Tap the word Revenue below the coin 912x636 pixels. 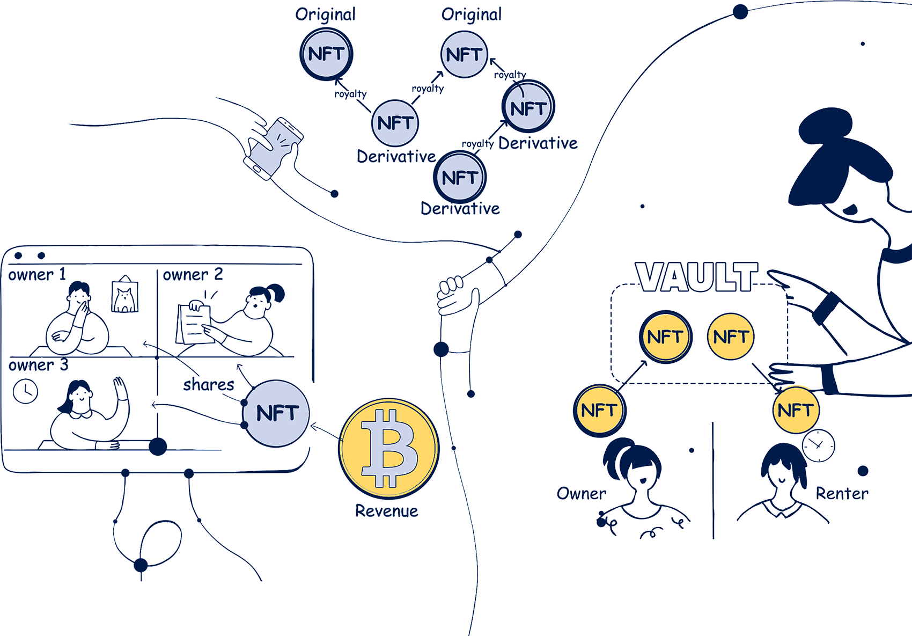tap(387, 511)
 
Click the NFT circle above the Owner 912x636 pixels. tap(599, 411)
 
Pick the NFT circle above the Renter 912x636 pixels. tap(796, 411)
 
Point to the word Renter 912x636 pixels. tap(842, 493)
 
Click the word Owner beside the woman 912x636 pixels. tap(582, 493)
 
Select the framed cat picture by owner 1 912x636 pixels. tap(124, 296)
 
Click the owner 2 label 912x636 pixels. tap(193, 275)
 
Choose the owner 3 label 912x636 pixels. tap(39, 365)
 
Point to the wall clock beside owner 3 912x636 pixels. tap(25, 391)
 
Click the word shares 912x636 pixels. tap(208, 384)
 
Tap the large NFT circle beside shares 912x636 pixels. tap(277, 413)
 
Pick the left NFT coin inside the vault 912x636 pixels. tap(665, 337)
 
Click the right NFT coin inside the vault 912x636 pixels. tap(731, 337)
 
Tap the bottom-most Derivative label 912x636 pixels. tap(460, 208)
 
